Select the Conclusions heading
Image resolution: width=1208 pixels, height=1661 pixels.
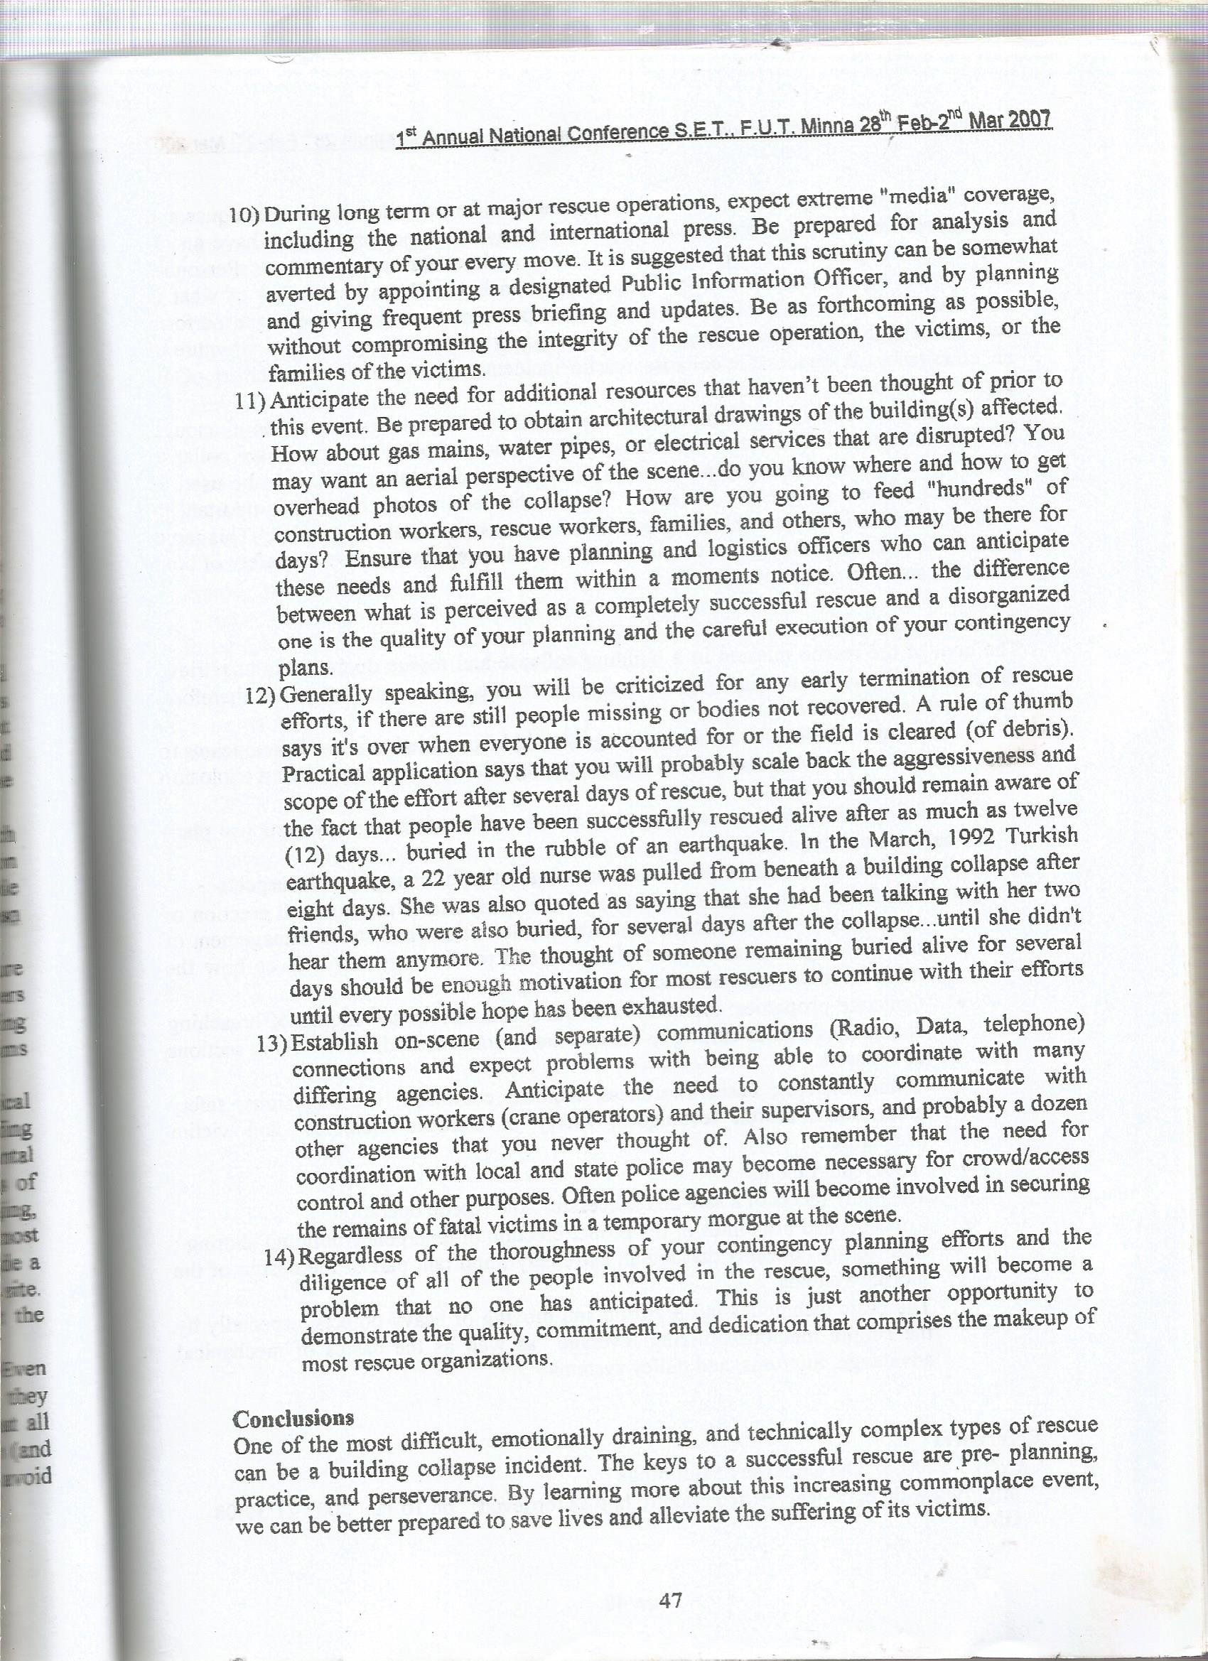[x=293, y=1418]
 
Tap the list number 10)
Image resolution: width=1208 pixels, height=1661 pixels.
[x=244, y=215]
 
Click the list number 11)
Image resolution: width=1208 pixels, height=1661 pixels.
[x=252, y=401]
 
